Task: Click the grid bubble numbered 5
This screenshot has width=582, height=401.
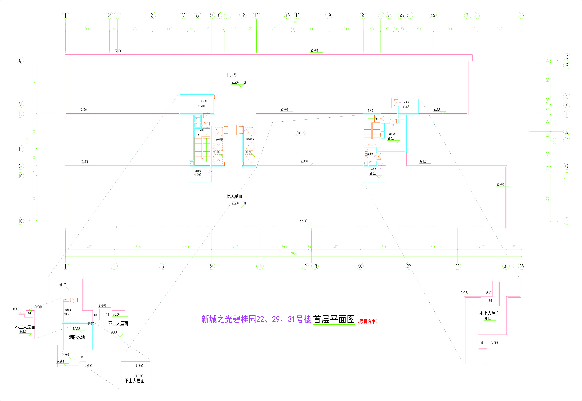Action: (x=152, y=15)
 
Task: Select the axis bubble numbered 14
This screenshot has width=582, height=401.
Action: (x=260, y=266)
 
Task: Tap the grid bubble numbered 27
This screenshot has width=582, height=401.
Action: (x=409, y=266)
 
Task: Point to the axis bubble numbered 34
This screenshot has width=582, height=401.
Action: (x=506, y=266)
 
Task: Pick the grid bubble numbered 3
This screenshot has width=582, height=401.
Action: (x=114, y=266)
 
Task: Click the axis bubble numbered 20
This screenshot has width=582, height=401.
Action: (x=360, y=266)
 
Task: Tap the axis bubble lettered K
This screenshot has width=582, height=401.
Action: (x=567, y=131)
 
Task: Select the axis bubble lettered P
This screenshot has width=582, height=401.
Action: (x=567, y=66)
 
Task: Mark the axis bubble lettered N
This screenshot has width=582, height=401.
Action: (x=567, y=97)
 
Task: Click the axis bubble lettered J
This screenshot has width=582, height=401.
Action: (x=567, y=141)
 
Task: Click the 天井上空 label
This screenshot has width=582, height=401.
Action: (x=300, y=133)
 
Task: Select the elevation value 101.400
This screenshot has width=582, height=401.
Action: (x=77, y=328)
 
